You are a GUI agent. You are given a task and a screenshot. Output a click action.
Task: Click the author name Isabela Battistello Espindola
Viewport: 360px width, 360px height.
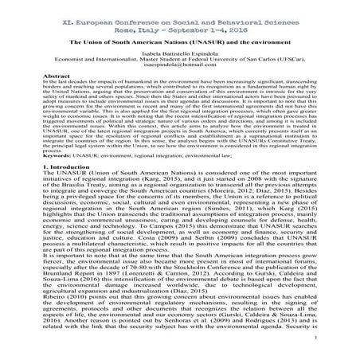pyautogui.click(x=179, y=60)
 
